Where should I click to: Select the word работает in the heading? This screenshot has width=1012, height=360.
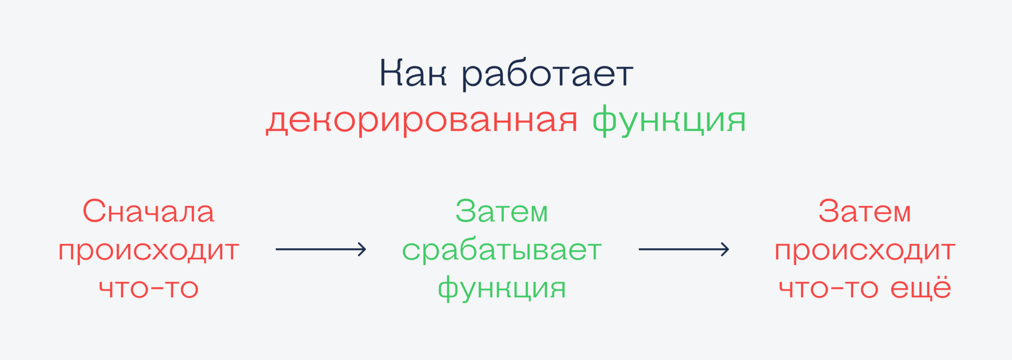click(547, 75)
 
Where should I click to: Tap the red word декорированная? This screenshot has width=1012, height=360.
click(422, 121)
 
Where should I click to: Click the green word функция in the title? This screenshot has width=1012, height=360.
click(669, 121)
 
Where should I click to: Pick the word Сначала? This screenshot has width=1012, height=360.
click(149, 211)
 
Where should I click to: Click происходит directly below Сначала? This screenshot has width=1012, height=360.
click(149, 250)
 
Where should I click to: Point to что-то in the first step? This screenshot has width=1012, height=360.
click(149, 288)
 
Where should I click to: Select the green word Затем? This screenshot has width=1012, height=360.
click(502, 211)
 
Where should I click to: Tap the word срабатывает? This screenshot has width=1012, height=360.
click(502, 250)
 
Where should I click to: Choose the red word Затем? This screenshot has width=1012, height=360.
click(864, 211)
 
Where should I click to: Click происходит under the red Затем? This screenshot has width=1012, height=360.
click(864, 250)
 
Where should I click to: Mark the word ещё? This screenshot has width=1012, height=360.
click(921, 287)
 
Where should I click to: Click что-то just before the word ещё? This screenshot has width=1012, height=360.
click(828, 288)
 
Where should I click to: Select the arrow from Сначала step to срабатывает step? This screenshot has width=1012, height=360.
click(320, 249)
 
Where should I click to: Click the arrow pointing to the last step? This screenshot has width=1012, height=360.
click(684, 249)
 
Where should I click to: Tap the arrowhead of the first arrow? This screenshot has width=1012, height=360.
click(362, 249)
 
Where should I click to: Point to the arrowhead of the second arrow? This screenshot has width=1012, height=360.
click(725, 249)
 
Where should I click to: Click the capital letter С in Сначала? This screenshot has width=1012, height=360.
click(94, 211)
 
